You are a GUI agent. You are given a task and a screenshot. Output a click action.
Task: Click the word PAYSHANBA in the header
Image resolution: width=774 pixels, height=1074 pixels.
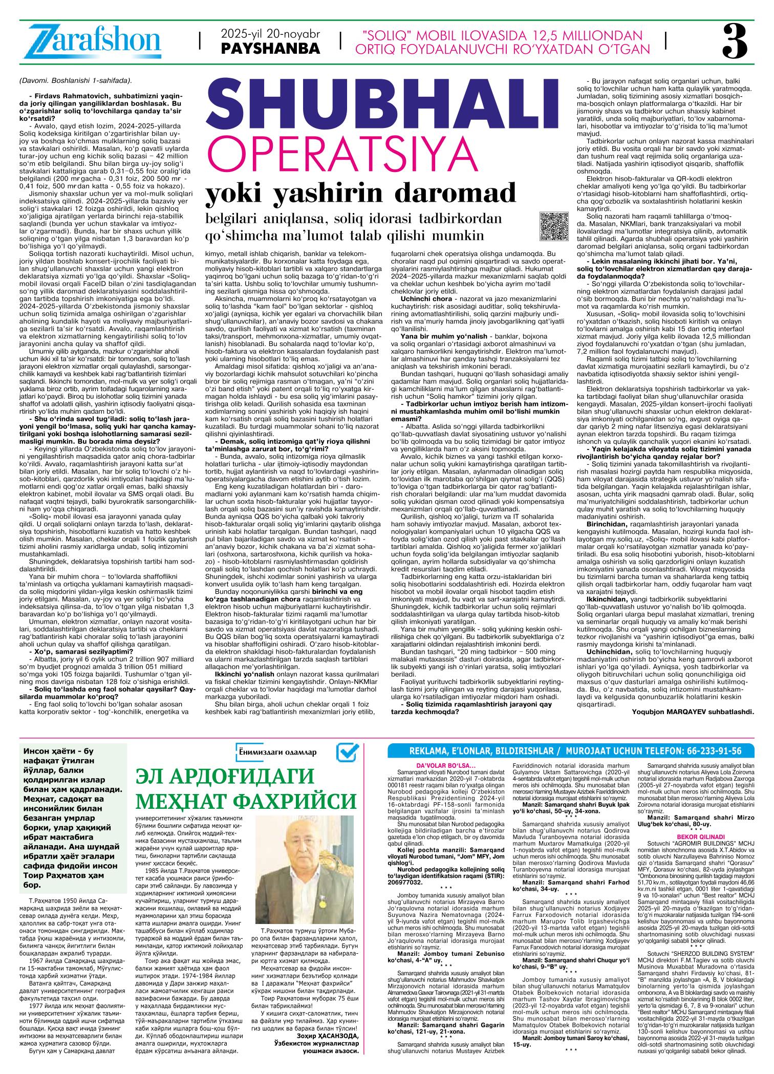click(270, 49)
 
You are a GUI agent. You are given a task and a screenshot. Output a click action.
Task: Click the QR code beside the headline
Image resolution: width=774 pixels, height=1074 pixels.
click(554, 225)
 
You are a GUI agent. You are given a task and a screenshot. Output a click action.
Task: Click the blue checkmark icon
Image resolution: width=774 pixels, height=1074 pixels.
click(348, 753)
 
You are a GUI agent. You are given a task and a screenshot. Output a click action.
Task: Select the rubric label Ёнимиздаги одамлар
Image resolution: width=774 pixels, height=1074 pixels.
click(277, 752)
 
